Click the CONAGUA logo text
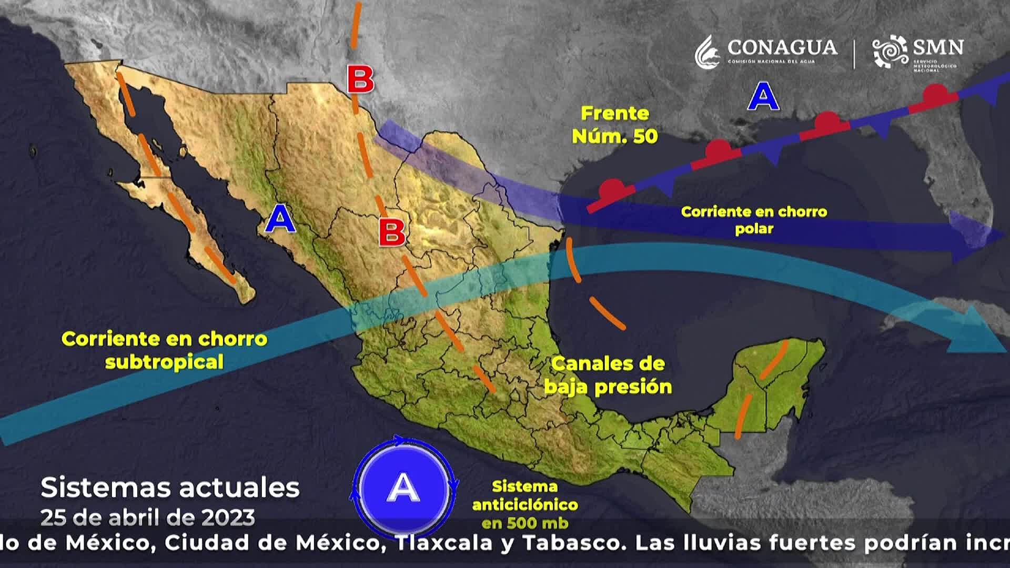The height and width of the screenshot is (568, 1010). click(x=782, y=48)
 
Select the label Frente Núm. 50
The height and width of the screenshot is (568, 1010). click(x=614, y=125)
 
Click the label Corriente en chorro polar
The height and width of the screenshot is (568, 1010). click(x=754, y=220)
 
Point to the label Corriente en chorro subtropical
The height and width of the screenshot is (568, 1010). click(x=164, y=350)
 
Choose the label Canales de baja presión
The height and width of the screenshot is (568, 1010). click(x=608, y=375)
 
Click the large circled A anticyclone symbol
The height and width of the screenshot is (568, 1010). click(x=403, y=487)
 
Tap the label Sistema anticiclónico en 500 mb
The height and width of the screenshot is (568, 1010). click(x=524, y=504)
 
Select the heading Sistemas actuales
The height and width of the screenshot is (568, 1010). click(x=170, y=488)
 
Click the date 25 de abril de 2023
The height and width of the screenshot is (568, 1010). click(x=148, y=518)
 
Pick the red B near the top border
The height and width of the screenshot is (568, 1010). click(x=360, y=80)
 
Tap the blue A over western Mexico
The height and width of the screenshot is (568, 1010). click(x=280, y=219)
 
